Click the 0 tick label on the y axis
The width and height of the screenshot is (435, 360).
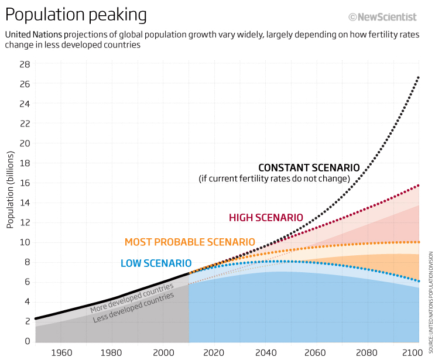27,341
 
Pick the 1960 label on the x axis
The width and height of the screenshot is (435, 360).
61,352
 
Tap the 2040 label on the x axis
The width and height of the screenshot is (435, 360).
265,352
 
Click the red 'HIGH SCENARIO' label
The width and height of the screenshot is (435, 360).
266,218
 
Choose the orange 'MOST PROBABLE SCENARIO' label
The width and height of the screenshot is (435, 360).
190,242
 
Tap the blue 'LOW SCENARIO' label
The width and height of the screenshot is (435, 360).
156,263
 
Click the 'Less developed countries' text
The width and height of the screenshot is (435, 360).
133,307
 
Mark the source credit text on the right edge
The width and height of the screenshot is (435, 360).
430,298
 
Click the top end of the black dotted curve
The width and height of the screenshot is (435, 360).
418,77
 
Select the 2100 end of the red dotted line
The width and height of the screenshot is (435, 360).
418,186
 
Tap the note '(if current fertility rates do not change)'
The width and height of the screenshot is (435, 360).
274,178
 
